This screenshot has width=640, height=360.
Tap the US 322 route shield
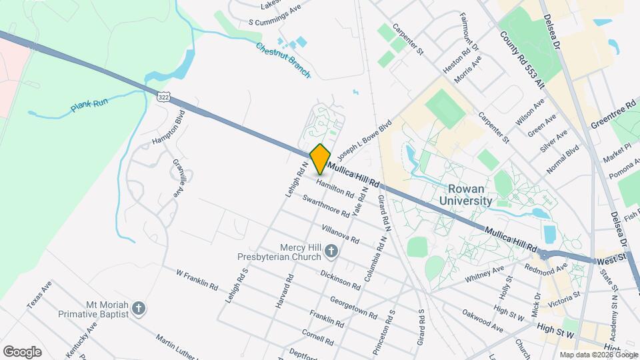(164, 97)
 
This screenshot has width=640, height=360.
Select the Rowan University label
(466, 194)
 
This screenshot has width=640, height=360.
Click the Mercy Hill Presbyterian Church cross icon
(331, 251)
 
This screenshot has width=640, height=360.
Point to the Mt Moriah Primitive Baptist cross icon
(138, 307)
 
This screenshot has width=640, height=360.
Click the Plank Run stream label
(89, 106)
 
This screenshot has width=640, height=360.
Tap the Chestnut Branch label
(283, 59)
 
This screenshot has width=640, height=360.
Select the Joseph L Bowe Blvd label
(364, 142)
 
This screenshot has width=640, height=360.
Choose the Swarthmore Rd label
(326, 205)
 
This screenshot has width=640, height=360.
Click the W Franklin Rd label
(197, 279)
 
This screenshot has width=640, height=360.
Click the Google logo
(22, 351)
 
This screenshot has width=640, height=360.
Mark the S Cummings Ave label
(275, 14)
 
